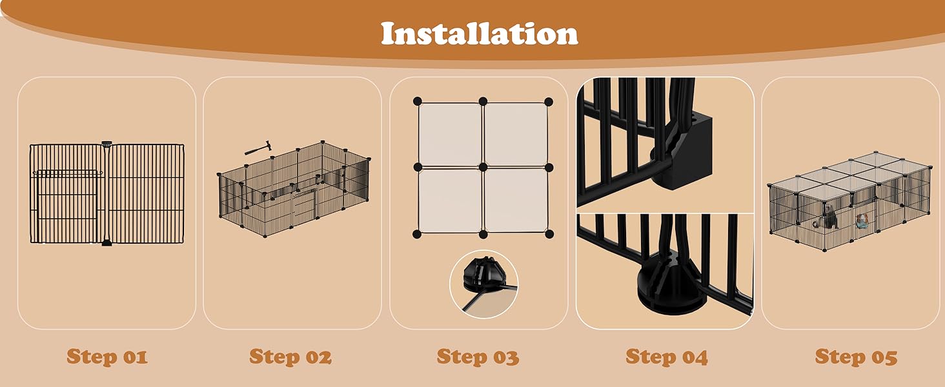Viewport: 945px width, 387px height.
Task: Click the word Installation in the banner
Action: pyautogui.click(x=479, y=34)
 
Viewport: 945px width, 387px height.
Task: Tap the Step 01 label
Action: pyautogui.click(x=107, y=357)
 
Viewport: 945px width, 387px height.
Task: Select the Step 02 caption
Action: pyautogui.click(x=290, y=357)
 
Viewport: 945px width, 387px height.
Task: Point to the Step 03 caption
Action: pyautogui.click(x=478, y=357)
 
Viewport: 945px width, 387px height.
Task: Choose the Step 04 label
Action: pyautogui.click(x=666, y=357)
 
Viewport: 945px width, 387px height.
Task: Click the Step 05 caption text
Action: pyautogui.click(x=856, y=357)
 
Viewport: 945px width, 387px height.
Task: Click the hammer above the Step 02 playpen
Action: pyautogui.click(x=254, y=149)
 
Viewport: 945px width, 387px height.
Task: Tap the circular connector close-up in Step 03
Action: pyautogui.click(x=484, y=284)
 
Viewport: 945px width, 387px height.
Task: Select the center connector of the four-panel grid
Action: pyautogui.click(x=483, y=167)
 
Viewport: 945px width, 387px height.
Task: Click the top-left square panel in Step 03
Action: pyautogui.click(x=451, y=134)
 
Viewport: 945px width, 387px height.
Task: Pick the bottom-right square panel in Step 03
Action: pyautogui.click(x=516, y=200)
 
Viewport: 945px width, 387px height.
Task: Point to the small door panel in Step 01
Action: pyautogui.click(x=68, y=206)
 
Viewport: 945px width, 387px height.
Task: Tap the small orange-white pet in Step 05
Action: pyautogui.click(x=862, y=222)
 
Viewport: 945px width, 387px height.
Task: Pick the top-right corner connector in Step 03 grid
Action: pyautogui.click(x=549, y=101)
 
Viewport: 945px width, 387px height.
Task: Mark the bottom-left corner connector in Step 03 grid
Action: pyautogui.click(x=418, y=233)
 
